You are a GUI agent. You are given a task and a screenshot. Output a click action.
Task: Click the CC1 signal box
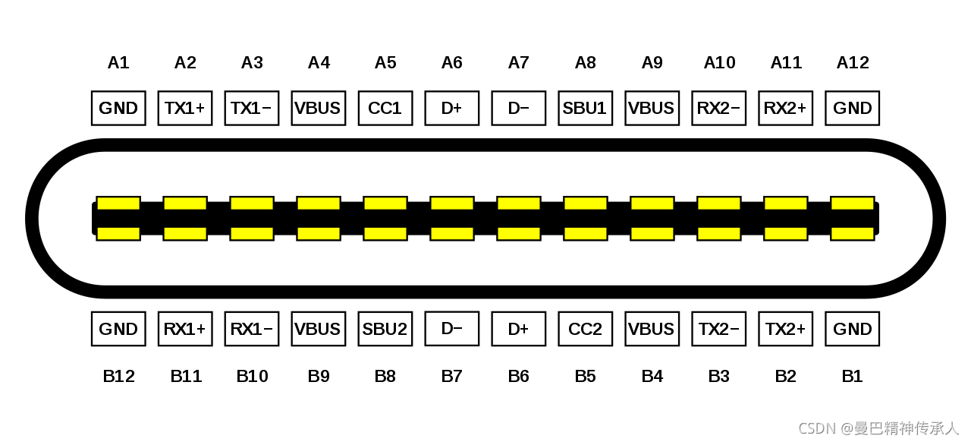(x=385, y=108)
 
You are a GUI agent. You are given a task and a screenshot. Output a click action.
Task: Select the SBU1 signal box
(x=585, y=108)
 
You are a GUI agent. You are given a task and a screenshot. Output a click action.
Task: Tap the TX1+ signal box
(x=185, y=108)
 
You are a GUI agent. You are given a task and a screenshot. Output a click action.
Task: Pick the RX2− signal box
(x=718, y=108)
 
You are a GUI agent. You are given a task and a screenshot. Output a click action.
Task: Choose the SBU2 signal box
(x=385, y=329)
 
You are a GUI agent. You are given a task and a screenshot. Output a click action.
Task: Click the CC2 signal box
(x=585, y=329)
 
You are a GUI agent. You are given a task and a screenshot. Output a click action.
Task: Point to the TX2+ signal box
(x=785, y=329)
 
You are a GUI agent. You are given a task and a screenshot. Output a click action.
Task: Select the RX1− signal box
(x=252, y=329)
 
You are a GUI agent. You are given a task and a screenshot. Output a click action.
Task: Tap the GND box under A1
(x=118, y=108)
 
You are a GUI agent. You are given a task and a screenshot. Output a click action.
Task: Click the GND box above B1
(x=852, y=329)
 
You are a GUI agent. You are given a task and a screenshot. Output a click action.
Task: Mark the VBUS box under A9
(x=652, y=108)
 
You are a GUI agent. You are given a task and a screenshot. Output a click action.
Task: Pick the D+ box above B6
(x=518, y=329)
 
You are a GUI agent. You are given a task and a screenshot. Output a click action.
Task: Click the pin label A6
(x=451, y=62)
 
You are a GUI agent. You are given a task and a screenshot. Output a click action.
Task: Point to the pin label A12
(x=853, y=62)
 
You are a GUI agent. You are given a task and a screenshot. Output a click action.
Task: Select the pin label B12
(x=118, y=376)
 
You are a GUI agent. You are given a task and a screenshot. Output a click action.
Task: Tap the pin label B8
(x=385, y=376)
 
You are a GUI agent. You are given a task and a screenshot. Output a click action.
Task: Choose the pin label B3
(x=718, y=376)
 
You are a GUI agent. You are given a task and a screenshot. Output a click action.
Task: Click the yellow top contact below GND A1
(x=118, y=204)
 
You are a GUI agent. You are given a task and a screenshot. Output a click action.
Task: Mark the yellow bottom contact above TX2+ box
(x=785, y=233)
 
